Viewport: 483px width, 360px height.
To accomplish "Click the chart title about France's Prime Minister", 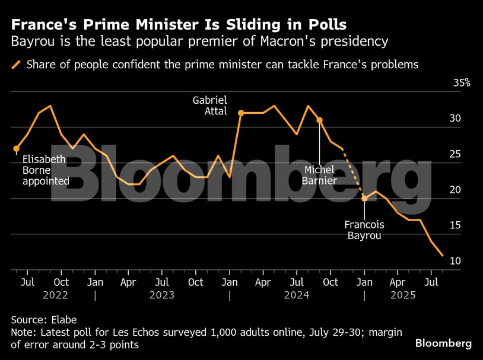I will pos(179,25).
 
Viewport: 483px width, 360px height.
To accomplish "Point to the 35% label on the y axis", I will pos(462,83).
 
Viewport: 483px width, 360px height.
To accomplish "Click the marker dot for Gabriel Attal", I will pos(241,113).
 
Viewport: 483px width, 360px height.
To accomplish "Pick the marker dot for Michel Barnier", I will pos(320,120).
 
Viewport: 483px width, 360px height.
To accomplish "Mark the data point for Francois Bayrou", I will pos(364,198).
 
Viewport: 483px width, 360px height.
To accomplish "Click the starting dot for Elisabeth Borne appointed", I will pos(16,149).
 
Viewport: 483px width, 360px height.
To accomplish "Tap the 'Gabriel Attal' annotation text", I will pos(210,106).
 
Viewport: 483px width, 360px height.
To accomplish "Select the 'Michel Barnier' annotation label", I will pos(320,175).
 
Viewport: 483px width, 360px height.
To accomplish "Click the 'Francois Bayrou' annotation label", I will pos(364,230).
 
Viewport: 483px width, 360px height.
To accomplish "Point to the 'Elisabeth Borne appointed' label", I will pos(46,170).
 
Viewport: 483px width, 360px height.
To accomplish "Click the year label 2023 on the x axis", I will pos(162,294).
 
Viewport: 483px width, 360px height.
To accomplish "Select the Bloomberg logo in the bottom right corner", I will pos(443,343).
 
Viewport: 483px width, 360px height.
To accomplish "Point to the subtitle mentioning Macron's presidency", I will pos(199,42).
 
